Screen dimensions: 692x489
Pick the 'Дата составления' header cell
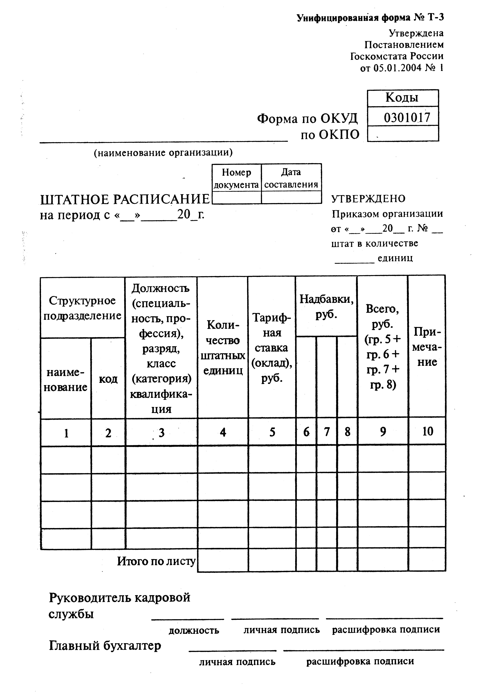coord(291,178)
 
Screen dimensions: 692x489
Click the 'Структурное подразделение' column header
coord(82,308)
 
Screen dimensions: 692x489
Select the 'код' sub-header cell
coord(108,379)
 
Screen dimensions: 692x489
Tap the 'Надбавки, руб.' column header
coord(326,307)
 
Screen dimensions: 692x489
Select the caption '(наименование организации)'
coord(163,153)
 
